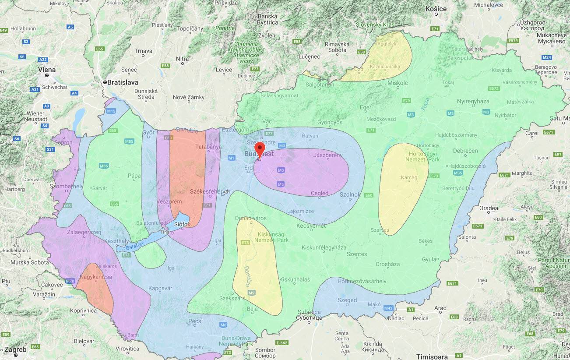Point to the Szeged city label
coord(347,300)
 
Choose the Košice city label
coord(436,9)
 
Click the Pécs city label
coord(195,321)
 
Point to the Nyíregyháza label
coord(473,101)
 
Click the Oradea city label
coord(489,208)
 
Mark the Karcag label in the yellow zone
coord(409,178)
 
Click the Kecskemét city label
coord(311,226)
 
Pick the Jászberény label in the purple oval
coord(328,155)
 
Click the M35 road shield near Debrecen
coord(458,173)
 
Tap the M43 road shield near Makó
coord(388,308)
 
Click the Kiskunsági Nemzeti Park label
coord(261,237)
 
